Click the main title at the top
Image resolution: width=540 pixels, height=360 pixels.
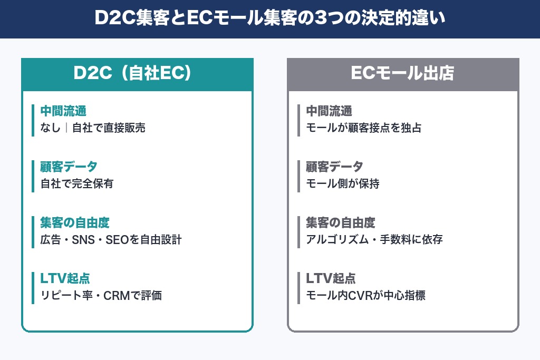click(x=270, y=19)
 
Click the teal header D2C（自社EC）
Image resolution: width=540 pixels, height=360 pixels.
click(x=137, y=74)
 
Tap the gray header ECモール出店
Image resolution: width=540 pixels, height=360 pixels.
click(x=403, y=74)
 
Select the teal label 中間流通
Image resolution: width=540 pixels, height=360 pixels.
click(x=63, y=111)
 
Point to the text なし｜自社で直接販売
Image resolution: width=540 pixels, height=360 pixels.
click(x=93, y=128)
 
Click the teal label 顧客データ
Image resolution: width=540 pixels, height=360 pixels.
click(x=69, y=167)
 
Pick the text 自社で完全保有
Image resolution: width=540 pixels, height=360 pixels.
click(x=77, y=183)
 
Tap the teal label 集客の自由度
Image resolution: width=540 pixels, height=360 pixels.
click(x=75, y=222)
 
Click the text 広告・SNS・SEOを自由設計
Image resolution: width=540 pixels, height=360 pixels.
click(x=111, y=239)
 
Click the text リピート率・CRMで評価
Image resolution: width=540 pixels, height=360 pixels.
click(x=101, y=295)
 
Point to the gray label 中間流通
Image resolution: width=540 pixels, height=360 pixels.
click(x=329, y=111)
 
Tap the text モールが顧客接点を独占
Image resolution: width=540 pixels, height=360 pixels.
click(x=364, y=128)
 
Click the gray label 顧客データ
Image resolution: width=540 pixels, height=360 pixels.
click(x=335, y=167)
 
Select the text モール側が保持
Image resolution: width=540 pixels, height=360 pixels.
click(x=343, y=183)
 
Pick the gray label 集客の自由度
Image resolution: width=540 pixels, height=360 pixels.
click(x=341, y=222)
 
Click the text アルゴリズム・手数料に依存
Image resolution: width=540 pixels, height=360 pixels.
click(x=374, y=239)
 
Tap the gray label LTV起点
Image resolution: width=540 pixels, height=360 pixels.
click(x=331, y=278)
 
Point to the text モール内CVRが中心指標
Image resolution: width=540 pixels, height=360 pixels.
click(x=365, y=295)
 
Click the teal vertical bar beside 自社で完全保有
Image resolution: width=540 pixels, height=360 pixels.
click(x=33, y=176)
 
